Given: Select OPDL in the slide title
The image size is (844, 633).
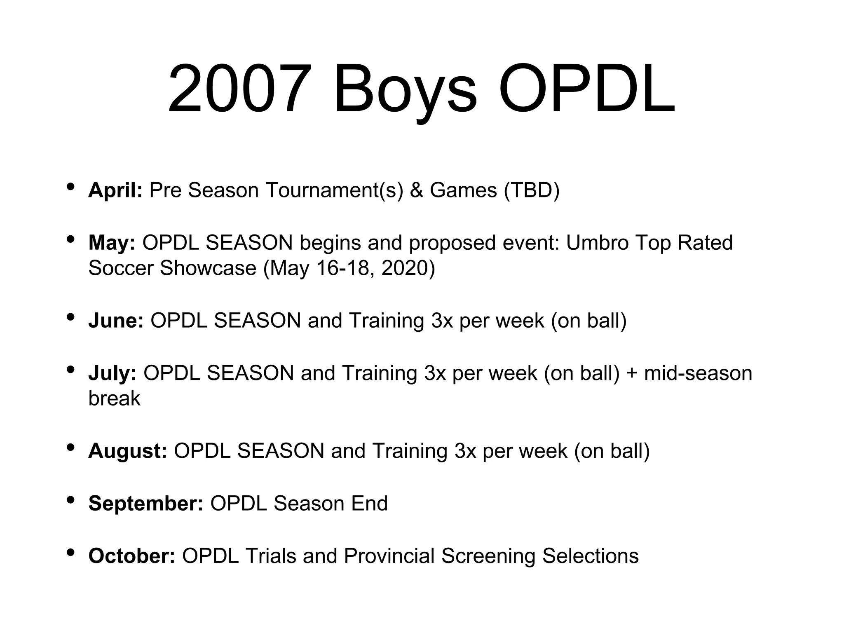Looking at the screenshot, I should click(x=587, y=89).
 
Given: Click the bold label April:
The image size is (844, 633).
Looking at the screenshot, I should click(x=115, y=190).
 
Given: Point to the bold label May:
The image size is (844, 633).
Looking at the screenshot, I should click(x=112, y=243).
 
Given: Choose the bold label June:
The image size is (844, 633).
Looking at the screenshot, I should click(x=116, y=321).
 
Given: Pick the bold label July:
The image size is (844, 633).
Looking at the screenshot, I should click(x=112, y=373).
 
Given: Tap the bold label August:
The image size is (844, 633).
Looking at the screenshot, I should click(x=127, y=451).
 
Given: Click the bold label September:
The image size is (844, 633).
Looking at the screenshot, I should click(x=145, y=504).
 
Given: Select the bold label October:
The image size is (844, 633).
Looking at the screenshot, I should click(x=132, y=556).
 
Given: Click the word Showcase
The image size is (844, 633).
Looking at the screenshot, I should click(x=208, y=268).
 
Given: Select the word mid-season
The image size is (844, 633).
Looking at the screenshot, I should click(x=698, y=373).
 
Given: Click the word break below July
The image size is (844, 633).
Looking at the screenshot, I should click(x=114, y=399).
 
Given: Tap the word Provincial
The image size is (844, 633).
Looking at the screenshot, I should click(x=389, y=556).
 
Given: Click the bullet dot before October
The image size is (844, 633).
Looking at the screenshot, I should click(x=70, y=552).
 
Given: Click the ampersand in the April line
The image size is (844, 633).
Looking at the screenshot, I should click(x=416, y=190).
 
